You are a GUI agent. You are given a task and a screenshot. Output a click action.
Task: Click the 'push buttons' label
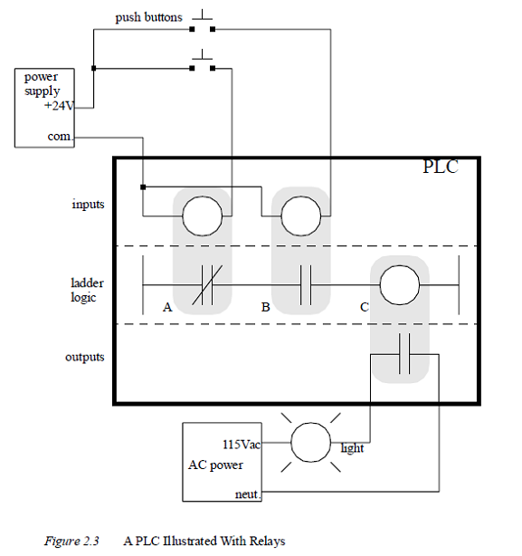(x=148, y=17)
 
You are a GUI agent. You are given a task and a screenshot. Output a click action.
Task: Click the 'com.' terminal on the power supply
(x=59, y=137)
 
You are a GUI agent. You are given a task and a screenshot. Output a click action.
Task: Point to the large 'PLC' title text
(x=441, y=168)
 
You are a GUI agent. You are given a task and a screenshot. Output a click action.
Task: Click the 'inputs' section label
(x=88, y=204)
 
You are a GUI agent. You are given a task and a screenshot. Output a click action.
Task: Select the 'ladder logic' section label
(x=88, y=290)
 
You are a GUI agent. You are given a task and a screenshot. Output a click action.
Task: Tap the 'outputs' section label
(x=84, y=357)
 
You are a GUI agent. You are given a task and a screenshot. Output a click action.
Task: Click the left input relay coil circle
(x=202, y=216)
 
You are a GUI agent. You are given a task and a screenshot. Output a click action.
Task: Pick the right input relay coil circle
(x=301, y=216)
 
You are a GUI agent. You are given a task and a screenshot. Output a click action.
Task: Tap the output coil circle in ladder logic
(x=401, y=284)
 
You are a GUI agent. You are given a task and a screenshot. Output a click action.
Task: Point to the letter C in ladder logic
(x=364, y=308)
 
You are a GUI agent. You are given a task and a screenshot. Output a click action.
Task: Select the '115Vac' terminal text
(x=242, y=445)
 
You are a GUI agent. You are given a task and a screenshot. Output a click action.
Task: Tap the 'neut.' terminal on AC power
(x=248, y=494)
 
